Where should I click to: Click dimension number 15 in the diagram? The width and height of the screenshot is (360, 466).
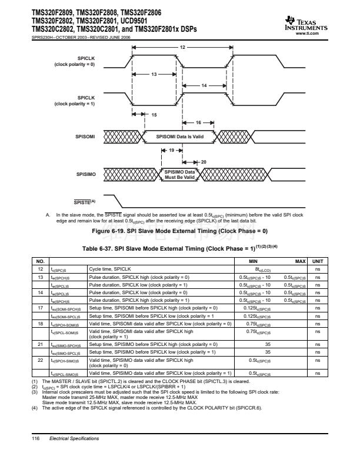[154, 114]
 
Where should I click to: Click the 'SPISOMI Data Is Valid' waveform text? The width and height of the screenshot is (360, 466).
[179, 137]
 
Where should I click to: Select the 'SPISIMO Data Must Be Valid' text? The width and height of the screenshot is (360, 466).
[179, 174]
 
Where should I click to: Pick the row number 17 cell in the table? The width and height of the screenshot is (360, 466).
[39, 308]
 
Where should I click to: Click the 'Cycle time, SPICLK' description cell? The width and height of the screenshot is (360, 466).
[110, 268]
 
